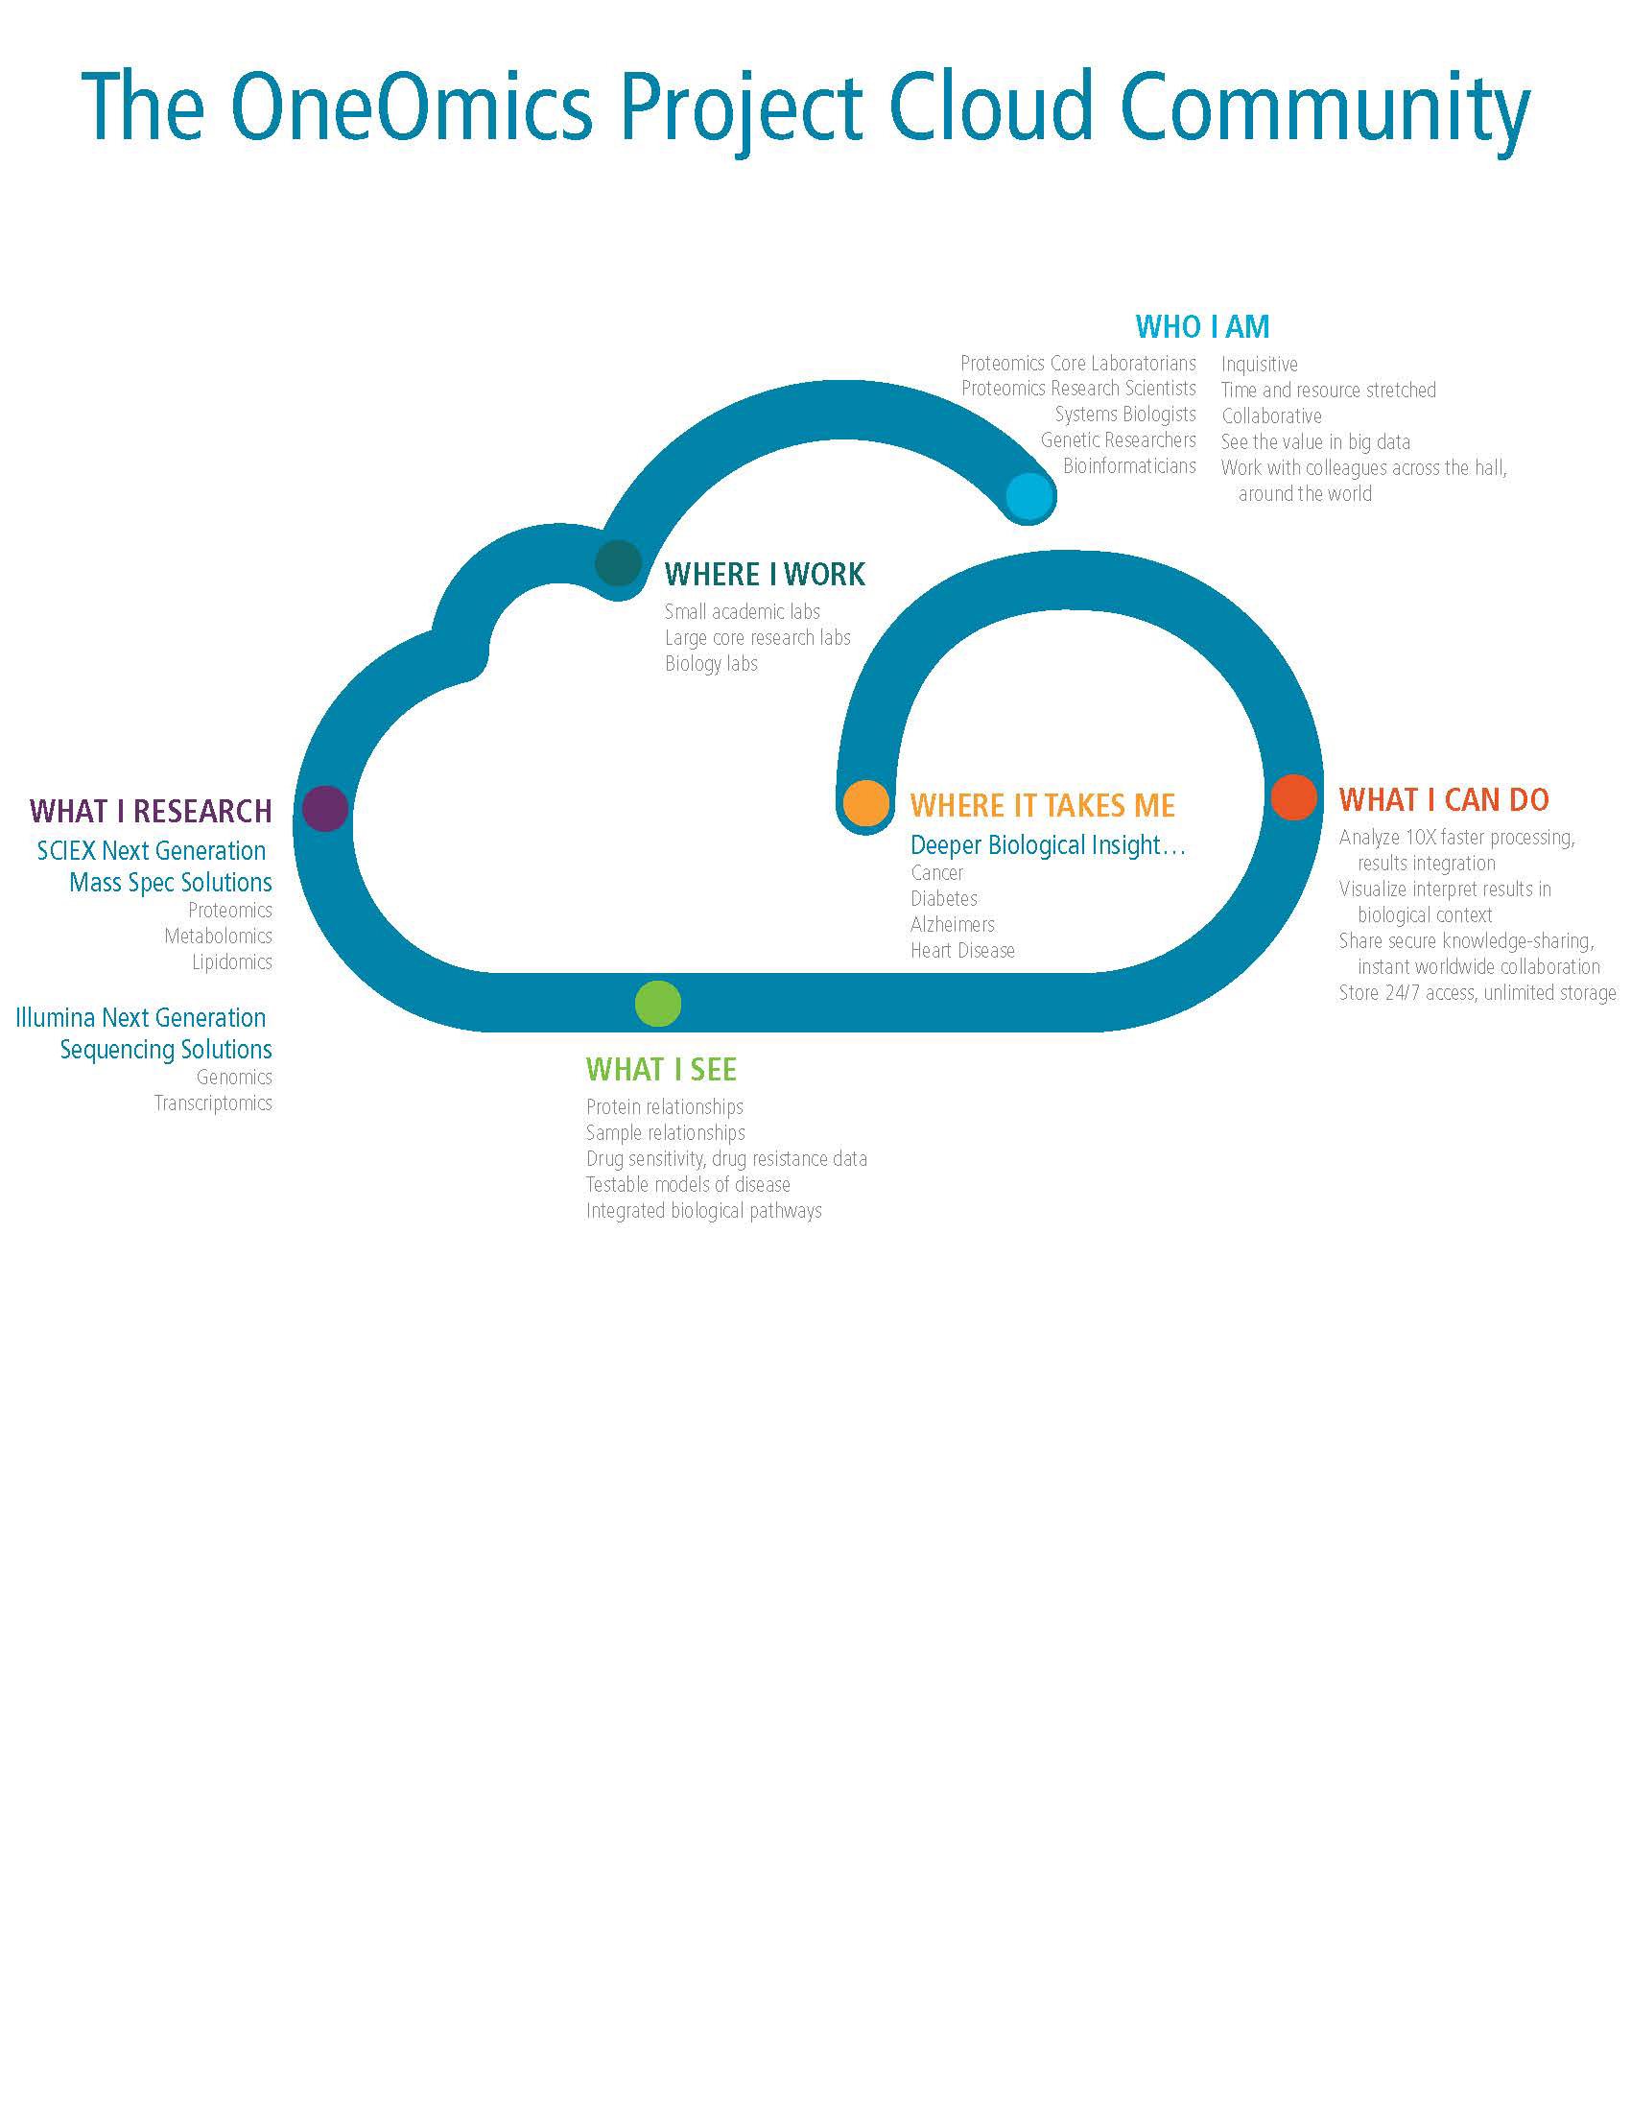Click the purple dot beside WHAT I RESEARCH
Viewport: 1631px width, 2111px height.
coord(324,808)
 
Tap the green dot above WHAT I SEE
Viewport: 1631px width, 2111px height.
coord(658,1004)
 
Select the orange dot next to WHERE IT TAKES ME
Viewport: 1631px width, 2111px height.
coord(865,803)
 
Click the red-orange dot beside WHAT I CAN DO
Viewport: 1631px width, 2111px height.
coord(1294,797)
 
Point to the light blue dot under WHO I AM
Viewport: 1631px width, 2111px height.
coord(1029,497)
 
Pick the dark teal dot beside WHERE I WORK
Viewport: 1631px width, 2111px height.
coord(619,562)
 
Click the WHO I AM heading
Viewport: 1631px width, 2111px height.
coord(1202,327)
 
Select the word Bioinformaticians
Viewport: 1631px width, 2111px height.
coord(1128,466)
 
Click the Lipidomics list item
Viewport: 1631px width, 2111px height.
coord(232,961)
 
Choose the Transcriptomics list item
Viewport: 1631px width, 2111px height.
coord(214,1103)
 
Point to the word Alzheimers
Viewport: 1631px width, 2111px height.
coord(952,925)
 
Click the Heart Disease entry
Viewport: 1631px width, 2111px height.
coord(962,951)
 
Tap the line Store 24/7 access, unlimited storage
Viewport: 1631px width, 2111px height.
coord(1477,993)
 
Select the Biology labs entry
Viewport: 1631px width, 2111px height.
coord(711,664)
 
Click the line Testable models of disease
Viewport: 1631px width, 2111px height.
coord(688,1185)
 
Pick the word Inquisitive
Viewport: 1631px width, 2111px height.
coord(1259,365)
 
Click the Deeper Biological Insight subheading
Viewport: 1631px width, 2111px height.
coord(1048,845)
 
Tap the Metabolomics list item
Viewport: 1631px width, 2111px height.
coord(219,936)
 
